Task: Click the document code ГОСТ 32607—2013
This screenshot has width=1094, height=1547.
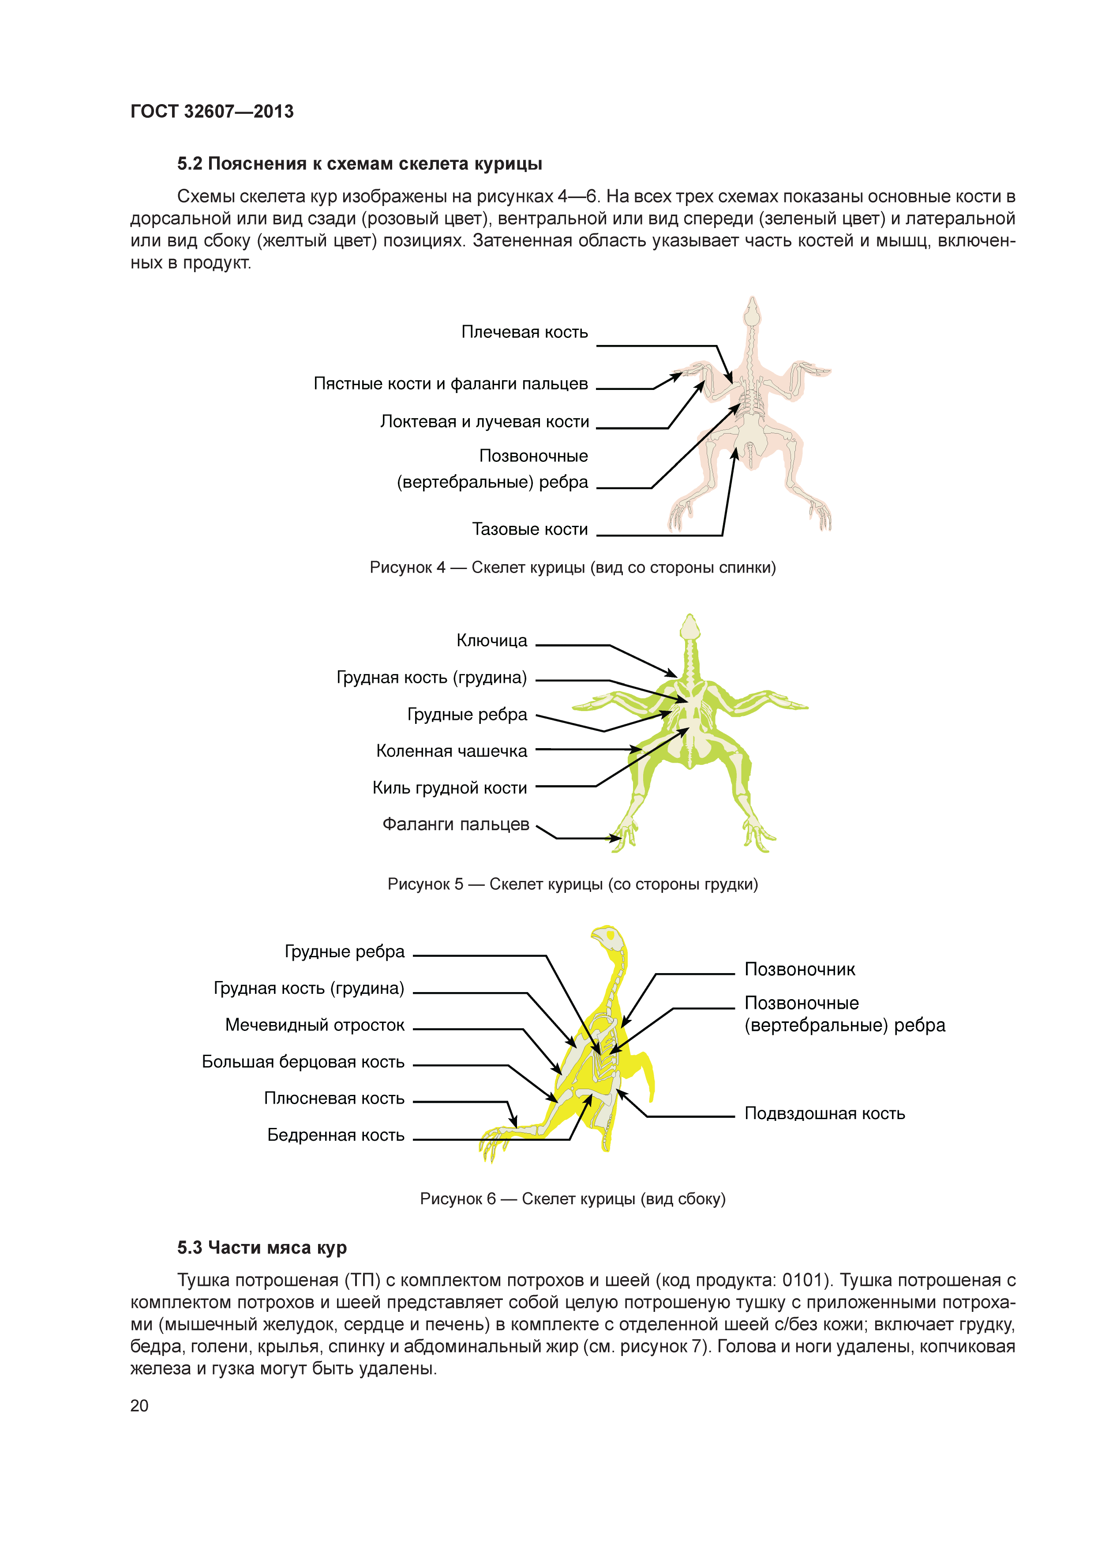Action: [212, 112]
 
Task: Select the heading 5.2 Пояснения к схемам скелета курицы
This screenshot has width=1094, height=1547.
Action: [359, 164]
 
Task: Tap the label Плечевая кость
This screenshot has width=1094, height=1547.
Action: [524, 332]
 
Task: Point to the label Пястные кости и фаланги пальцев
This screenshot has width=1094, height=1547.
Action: [451, 384]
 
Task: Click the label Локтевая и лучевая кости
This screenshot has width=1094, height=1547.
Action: [484, 422]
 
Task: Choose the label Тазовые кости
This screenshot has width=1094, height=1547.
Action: [529, 530]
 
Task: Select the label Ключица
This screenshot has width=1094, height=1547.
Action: [492, 641]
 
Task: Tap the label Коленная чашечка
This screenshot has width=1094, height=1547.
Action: [451, 751]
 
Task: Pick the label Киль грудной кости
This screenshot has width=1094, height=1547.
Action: [450, 788]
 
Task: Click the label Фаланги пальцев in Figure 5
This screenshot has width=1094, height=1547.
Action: [455, 825]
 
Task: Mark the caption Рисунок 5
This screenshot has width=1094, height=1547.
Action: [573, 885]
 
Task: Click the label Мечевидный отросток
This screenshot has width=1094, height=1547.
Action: [315, 1026]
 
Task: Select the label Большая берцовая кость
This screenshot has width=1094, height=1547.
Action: [303, 1063]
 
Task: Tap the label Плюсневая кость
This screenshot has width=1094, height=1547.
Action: [334, 1099]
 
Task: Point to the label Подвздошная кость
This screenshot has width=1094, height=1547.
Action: [824, 1114]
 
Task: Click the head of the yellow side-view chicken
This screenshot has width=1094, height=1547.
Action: [607, 937]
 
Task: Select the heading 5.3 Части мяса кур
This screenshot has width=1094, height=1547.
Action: [262, 1248]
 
